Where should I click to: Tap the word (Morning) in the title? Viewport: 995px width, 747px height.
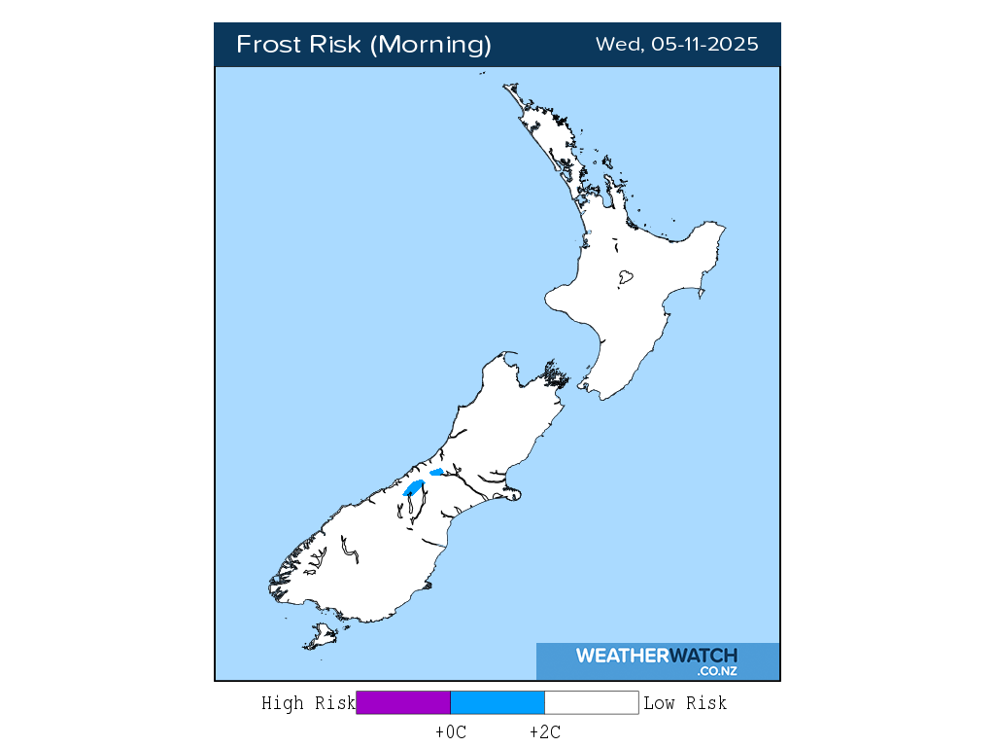pos(432,45)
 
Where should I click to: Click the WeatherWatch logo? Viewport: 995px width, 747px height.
pos(656,656)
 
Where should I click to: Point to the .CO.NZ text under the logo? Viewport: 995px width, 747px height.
pos(717,671)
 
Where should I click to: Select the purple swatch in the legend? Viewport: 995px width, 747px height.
pos(403,703)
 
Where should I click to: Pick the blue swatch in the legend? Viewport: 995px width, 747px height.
pos(497,703)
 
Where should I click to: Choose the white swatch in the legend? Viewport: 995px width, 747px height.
pos(591,703)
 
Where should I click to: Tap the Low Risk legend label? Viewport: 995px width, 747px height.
pos(685,703)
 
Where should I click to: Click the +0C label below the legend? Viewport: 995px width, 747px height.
pos(451,732)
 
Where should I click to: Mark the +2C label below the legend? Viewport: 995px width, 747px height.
pos(545,732)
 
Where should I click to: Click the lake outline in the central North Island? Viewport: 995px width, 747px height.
pos(626,277)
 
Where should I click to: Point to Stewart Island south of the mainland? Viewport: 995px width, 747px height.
pos(320,638)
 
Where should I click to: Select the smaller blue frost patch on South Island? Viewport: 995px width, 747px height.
pos(436,473)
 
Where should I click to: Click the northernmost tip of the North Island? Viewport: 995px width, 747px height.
pos(505,86)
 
